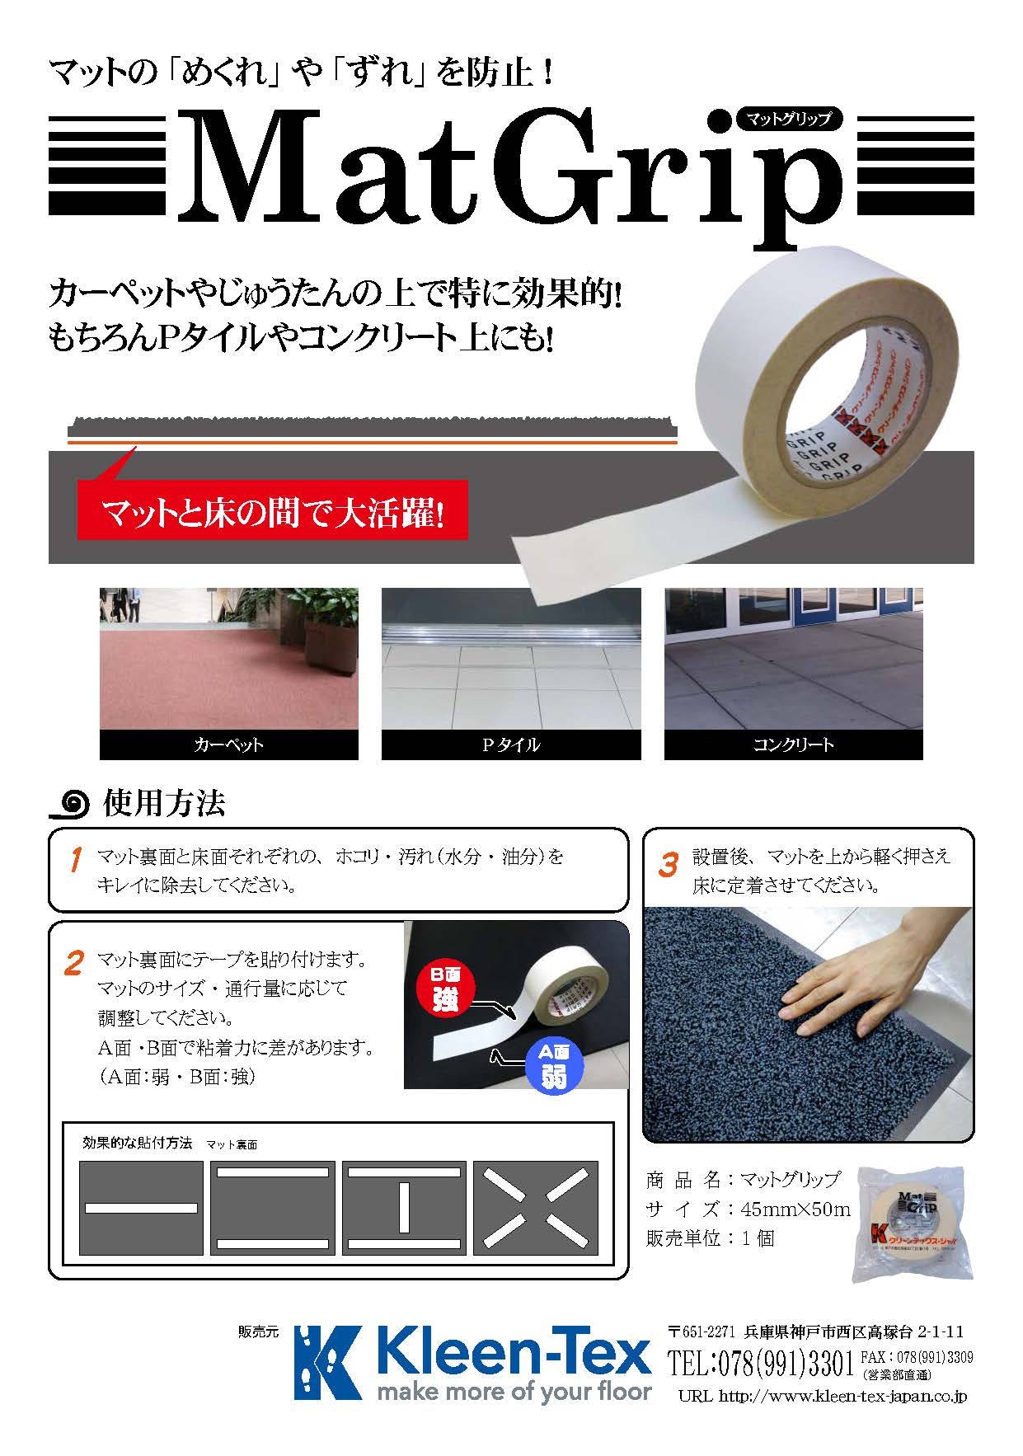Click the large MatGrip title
(511, 169)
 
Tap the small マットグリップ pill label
(788, 119)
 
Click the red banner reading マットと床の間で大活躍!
(272, 511)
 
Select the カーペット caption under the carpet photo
(228, 744)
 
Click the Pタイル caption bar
(510, 744)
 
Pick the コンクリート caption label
(793, 744)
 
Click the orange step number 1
(75, 860)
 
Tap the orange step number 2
(73, 963)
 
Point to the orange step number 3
(668, 864)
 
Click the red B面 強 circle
(445, 988)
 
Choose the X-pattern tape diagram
(535, 1208)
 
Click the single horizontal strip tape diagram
(141, 1208)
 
